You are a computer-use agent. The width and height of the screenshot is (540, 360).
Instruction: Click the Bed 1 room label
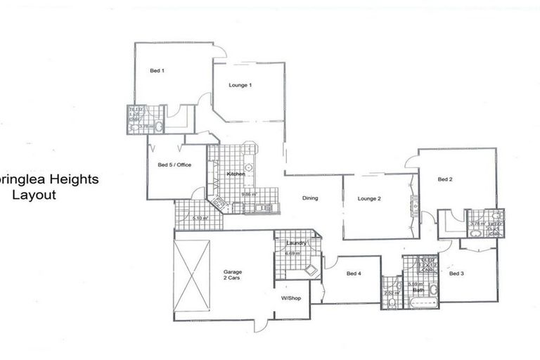tap(157, 70)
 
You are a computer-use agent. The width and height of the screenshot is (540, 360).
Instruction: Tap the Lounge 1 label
tap(240, 85)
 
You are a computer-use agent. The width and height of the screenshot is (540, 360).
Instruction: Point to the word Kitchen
tap(235, 174)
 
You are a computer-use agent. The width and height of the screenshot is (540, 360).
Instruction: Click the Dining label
tap(310, 198)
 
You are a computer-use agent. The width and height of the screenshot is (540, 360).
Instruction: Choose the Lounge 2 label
tap(368, 199)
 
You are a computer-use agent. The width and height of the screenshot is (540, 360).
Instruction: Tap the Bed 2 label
tap(444, 180)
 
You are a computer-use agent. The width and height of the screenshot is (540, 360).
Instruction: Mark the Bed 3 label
tap(456, 274)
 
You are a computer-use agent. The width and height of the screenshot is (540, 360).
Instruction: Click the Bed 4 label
tap(354, 274)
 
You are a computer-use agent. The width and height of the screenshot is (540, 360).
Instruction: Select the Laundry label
tap(295, 243)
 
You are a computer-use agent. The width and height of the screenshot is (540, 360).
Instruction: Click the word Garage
tap(233, 271)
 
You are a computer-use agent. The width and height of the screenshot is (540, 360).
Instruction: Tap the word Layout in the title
tap(34, 195)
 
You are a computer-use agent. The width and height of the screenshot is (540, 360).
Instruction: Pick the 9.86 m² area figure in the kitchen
tap(248, 194)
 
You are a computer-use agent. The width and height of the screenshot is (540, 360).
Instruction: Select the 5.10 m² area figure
tap(200, 217)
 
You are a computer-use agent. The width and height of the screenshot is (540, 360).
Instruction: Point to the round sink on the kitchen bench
tap(250, 166)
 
